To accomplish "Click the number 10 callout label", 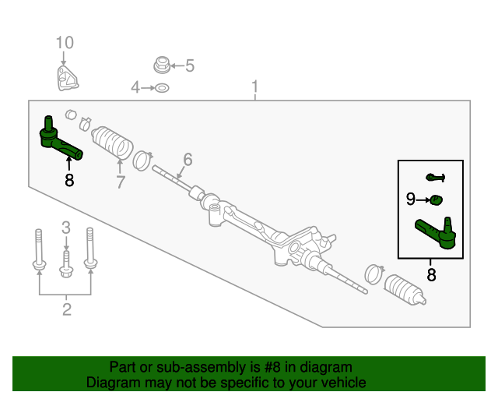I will point(65,41).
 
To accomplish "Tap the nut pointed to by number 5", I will point(161,63).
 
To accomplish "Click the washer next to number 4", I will point(162,88).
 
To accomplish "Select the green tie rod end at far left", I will point(58,139).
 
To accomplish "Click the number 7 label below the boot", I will point(121,182).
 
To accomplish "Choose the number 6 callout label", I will point(187,161).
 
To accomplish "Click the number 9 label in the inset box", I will point(411,199).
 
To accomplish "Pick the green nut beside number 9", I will point(437,199).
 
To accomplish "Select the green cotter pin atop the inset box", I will point(435,178).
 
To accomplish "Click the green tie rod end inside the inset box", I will point(437,232).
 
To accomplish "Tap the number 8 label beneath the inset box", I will point(431,274).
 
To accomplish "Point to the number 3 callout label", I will point(66,228).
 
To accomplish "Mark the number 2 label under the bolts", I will point(66,311).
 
